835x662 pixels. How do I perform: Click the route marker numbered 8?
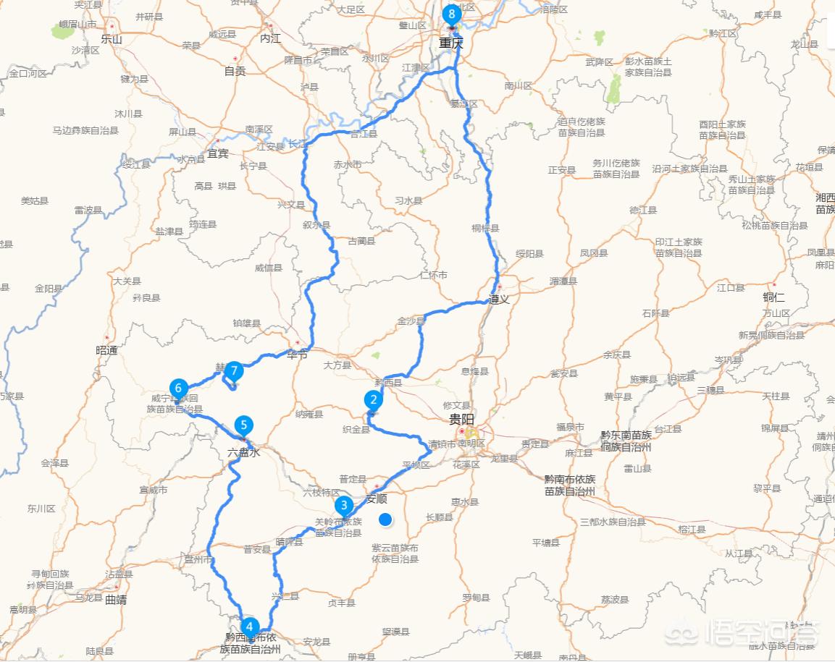pyautogui.click(x=453, y=14)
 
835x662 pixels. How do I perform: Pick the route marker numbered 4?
pyautogui.click(x=249, y=627)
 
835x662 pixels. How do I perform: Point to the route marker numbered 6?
pyautogui.click(x=178, y=388)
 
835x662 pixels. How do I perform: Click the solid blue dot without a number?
pyautogui.click(x=385, y=519)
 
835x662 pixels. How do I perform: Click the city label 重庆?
pyautogui.click(x=450, y=43)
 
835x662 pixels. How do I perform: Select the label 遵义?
pyautogui.click(x=499, y=298)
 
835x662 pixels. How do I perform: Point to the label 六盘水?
pyautogui.click(x=243, y=452)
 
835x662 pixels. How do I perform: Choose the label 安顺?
pyautogui.click(x=377, y=498)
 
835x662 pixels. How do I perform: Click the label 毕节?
pyautogui.click(x=297, y=355)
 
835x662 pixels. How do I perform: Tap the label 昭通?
pyautogui.click(x=106, y=350)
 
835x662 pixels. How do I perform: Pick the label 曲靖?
pyautogui.click(x=115, y=600)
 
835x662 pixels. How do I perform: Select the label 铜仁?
pyautogui.click(x=773, y=297)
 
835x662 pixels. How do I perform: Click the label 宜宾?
pyautogui.click(x=218, y=153)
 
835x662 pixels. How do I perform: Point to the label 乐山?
pyautogui.click(x=112, y=40)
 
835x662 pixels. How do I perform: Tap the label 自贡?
pyautogui.click(x=235, y=71)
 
